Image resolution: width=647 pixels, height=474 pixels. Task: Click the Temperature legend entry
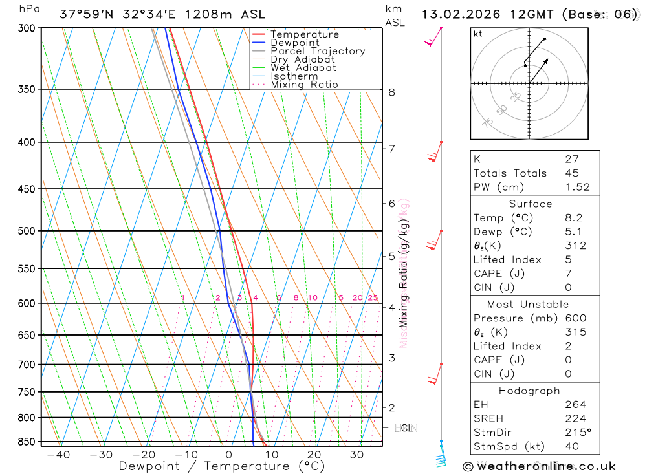304,34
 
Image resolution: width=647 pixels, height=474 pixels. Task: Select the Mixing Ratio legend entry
304,85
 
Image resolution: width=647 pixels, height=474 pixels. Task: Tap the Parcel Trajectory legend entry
317,51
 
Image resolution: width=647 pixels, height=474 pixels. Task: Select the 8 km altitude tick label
391,92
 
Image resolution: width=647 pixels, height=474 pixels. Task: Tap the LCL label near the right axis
404,428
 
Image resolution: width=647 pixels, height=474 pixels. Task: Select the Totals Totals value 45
571,173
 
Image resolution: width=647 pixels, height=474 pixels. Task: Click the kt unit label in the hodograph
478,34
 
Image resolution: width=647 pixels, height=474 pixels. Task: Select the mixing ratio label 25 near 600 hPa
373,297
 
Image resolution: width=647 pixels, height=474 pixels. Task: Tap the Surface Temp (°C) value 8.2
573,218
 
